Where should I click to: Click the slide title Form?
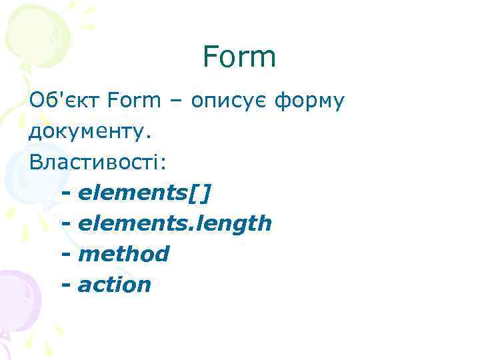click(239, 57)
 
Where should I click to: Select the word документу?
click(90, 131)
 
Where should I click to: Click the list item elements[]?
click(145, 193)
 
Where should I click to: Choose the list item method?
click(123, 254)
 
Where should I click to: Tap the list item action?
click(115, 285)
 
